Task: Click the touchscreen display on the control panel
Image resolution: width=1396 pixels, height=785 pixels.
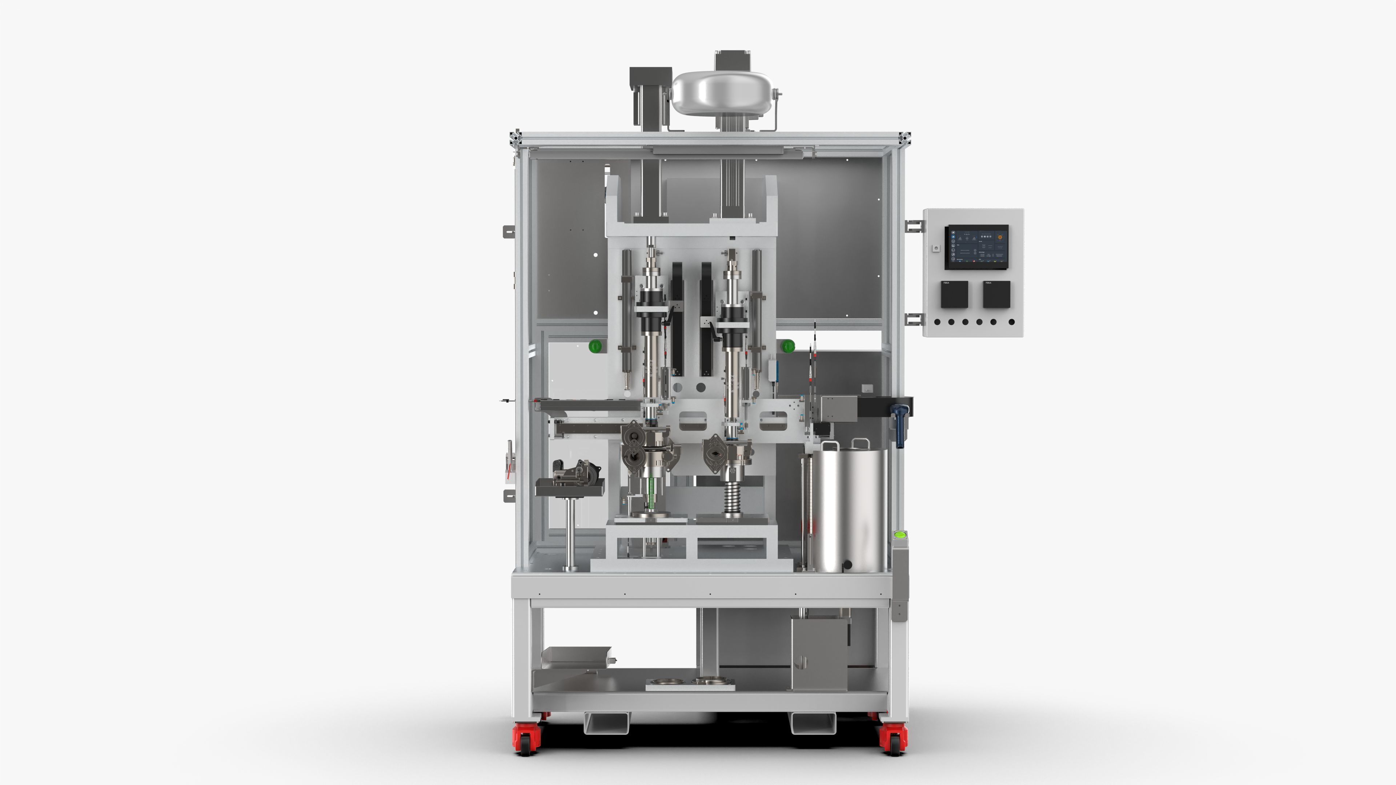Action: pyautogui.click(x=976, y=247)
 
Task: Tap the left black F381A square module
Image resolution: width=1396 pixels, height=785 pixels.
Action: pyautogui.click(x=954, y=294)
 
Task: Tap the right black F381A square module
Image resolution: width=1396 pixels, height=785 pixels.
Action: pyautogui.click(x=996, y=294)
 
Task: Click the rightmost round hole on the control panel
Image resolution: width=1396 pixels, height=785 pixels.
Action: pyautogui.click(x=1011, y=322)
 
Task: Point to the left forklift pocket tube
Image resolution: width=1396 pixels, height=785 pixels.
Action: pyautogui.click(x=606, y=723)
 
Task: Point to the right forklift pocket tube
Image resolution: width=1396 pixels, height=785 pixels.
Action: pyautogui.click(x=813, y=723)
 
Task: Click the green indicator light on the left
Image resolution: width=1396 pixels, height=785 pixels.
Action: pyautogui.click(x=595, y=346)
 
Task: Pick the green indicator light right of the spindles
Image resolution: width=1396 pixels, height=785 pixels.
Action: pyautogui.click(x=788, y=346)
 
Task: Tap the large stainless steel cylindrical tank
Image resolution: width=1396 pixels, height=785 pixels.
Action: pyautogui.click(x=848, y=509)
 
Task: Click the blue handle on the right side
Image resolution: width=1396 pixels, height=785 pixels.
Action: pyautogui.click(x=900, y=425)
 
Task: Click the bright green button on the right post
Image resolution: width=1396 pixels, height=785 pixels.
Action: pyautogui.click(x=900, y=535)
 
